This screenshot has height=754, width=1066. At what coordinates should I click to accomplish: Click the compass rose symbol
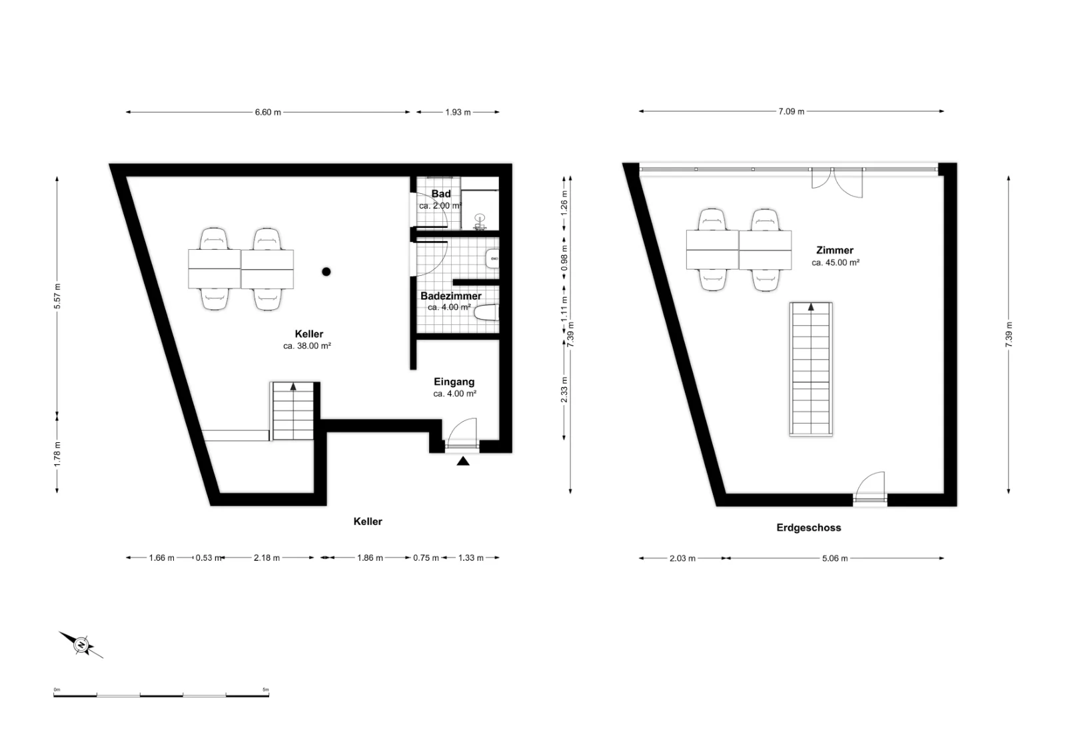81,645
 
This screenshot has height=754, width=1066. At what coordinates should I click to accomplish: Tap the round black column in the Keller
326,272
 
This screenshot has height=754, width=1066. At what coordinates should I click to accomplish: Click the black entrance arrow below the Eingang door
463,461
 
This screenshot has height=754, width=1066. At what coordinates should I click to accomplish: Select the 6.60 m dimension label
268,113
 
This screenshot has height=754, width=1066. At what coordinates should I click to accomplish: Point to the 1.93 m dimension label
458,113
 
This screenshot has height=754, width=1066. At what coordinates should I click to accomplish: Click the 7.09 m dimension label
792,111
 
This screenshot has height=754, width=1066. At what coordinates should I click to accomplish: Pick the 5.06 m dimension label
835,558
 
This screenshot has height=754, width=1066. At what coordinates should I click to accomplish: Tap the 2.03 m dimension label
682,558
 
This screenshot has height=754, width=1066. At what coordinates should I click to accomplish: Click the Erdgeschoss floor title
809,528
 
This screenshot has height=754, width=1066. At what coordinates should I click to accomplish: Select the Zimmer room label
835,250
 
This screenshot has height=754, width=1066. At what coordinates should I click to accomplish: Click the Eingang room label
454,382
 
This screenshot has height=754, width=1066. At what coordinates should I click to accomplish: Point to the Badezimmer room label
450,296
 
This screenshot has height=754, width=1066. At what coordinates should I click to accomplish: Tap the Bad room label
441,194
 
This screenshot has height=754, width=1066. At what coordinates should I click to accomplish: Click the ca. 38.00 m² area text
307,346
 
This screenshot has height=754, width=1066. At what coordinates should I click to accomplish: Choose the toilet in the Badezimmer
487,313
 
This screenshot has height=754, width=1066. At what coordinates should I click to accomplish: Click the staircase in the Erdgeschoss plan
811,369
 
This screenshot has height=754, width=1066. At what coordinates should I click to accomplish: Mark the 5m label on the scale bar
266,690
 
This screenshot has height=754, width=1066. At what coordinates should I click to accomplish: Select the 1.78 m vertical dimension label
57,454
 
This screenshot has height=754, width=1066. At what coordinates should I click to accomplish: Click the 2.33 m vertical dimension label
564,390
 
